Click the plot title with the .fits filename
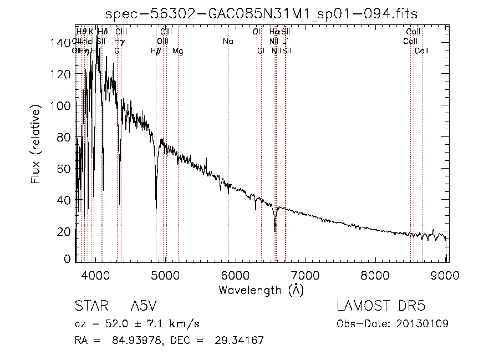point(262,13)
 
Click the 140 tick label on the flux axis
point(63,43)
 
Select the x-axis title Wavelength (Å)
point(261,290)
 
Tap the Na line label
point(228,42)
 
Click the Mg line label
point(178,51)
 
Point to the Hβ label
point(156,51)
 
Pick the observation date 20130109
point(422,323)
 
